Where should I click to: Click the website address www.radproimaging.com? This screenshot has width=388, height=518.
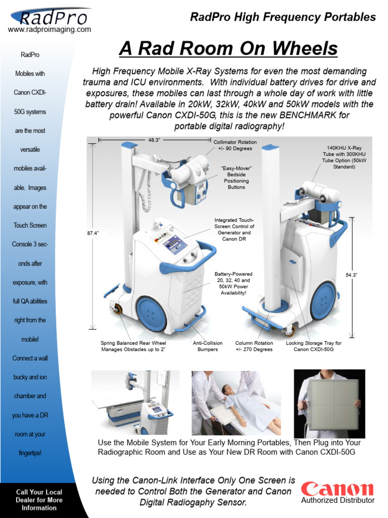point(50,30)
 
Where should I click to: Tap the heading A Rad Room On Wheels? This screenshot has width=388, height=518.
point(228,49)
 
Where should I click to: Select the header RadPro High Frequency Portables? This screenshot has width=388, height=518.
point(282,17)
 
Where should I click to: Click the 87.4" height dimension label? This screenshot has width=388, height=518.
point(93,233)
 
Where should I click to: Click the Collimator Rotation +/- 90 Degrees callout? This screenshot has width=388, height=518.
point(235,146)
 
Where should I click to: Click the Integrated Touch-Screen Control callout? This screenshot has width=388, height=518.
point(234,230)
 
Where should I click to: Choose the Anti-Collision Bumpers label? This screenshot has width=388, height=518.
point(208,346)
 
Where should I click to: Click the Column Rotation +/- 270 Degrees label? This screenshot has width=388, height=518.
point(254,346)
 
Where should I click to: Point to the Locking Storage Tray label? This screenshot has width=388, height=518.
point(313,346)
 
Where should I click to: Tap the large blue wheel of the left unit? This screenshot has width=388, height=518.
point(151,314)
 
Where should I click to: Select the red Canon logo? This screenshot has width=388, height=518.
point(337,489)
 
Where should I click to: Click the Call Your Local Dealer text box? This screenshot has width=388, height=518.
point(39,500)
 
